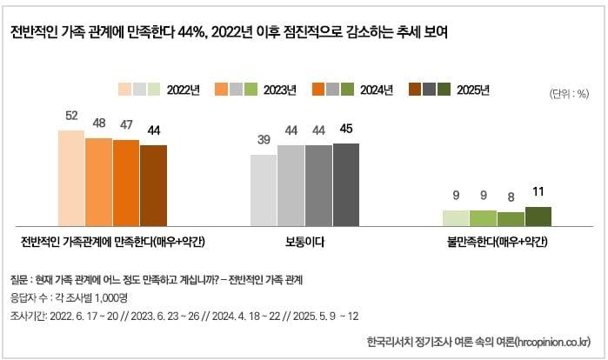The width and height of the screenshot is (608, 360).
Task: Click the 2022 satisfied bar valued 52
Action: click(x=71, y=177)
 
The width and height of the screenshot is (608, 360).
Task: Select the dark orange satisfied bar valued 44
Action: click(x=153, y=185)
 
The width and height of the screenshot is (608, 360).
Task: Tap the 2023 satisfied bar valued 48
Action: click(x=98, y=181)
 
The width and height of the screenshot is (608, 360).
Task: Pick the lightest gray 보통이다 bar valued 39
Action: click(x=264, y=190)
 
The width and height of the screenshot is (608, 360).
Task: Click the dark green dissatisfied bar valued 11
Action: click(x=538, y=216)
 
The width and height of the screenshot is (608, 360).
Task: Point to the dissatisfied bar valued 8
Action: click(x=511, y=218)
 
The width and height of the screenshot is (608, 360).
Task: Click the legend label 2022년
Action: click(x=184, y=90)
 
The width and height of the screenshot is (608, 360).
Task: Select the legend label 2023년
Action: click(x=279, y=90)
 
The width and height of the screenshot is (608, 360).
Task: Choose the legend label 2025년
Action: click(x=473, y=90)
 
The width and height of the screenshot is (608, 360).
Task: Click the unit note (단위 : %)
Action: click(x=570, y=94)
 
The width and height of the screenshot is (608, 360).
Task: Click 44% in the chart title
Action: click(x=189, y=33)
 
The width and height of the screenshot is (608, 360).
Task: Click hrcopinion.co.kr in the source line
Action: click(x=547, y=340)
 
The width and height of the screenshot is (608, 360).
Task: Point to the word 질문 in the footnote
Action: click(x=18, y=279)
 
